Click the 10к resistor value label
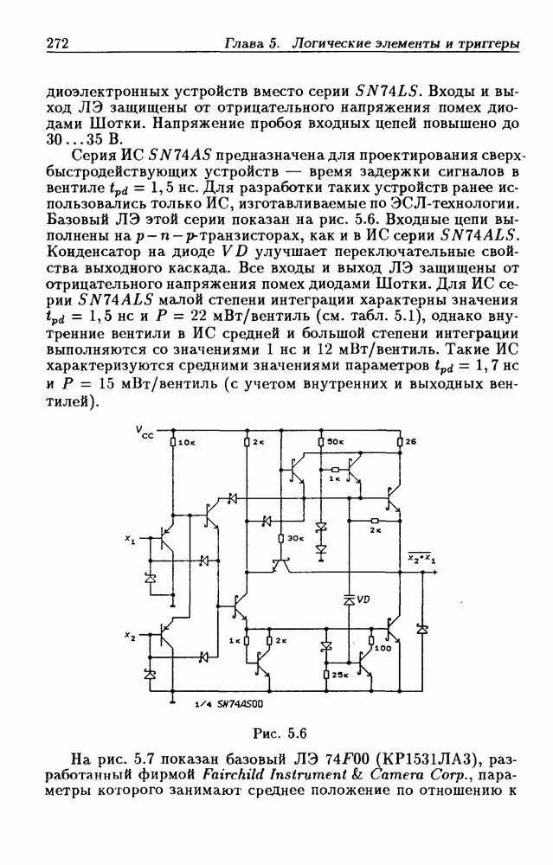(x=186, y=442)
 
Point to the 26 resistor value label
(x=410, y=442)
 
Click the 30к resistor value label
(x=295, y=538)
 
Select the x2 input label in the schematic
(x=130, y=637)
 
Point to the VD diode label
(x=363, y=599)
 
